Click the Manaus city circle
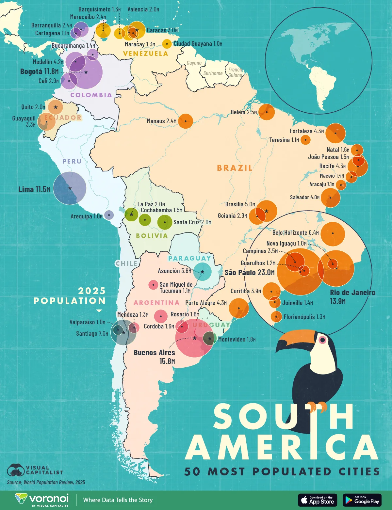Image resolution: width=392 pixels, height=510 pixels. (x=186, y=121)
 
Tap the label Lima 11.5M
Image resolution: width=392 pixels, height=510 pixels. (x=34, y=189)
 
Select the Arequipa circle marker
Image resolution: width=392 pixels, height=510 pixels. (x=109, y=215)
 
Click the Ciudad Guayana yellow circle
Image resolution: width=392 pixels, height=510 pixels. (x=167, y=44)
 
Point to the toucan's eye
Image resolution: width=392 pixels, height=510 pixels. (x=322, y=340)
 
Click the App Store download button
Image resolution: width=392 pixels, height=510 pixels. (x=318, y=500)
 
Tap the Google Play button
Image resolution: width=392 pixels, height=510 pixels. (x=362, y=500)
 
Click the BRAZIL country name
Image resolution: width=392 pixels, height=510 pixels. (x=235, y=168)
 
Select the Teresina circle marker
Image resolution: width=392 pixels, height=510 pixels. (x=305, y=140)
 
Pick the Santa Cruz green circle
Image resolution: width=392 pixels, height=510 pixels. (x=165, y=222)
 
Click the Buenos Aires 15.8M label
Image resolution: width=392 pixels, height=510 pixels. (x=155, y=357)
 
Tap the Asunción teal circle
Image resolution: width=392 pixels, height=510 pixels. (x=202, y=272)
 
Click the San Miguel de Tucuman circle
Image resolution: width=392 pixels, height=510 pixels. (x=153, y=285)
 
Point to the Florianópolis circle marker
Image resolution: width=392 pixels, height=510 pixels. (x=276, y=316)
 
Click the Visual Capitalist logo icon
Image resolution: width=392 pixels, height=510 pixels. (x=16, y=470)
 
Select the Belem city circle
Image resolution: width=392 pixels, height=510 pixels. (x=267, y=112)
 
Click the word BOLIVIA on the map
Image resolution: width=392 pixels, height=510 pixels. (x=152, y=236)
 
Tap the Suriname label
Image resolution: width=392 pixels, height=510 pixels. (x=213, y=73)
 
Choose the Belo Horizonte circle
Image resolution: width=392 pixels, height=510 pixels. (x=333, y=233)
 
